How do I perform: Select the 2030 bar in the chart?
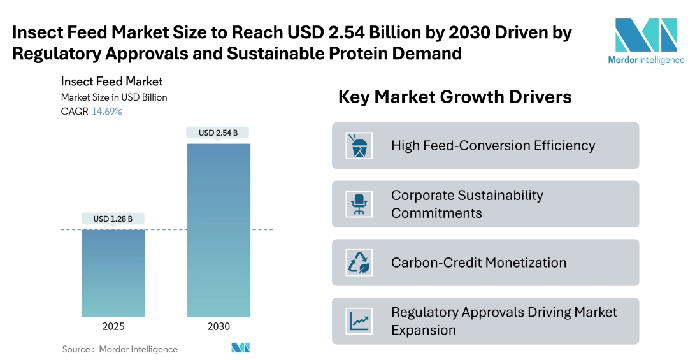[218, 229]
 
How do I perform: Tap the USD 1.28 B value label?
[113, 219]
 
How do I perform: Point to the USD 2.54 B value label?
[218, 133]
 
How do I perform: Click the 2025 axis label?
[113, 326]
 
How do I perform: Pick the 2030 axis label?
[218, 326]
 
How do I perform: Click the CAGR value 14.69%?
[107, 112]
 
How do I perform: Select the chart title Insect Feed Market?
[111, 82]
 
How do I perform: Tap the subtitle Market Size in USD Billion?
[114, 97]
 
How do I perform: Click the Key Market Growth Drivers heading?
[454, 97]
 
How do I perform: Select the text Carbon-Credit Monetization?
[478, 263]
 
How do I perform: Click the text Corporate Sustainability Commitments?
[467, 204]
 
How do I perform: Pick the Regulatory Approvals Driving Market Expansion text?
[504, 320]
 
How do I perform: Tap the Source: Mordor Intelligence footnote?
[120, 349]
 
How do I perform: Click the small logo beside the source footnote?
[240, 348]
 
